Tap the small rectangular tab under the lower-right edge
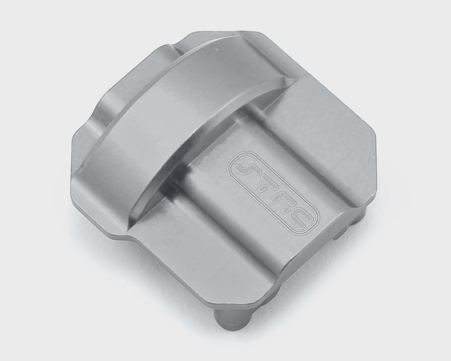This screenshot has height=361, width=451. [338, 237]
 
